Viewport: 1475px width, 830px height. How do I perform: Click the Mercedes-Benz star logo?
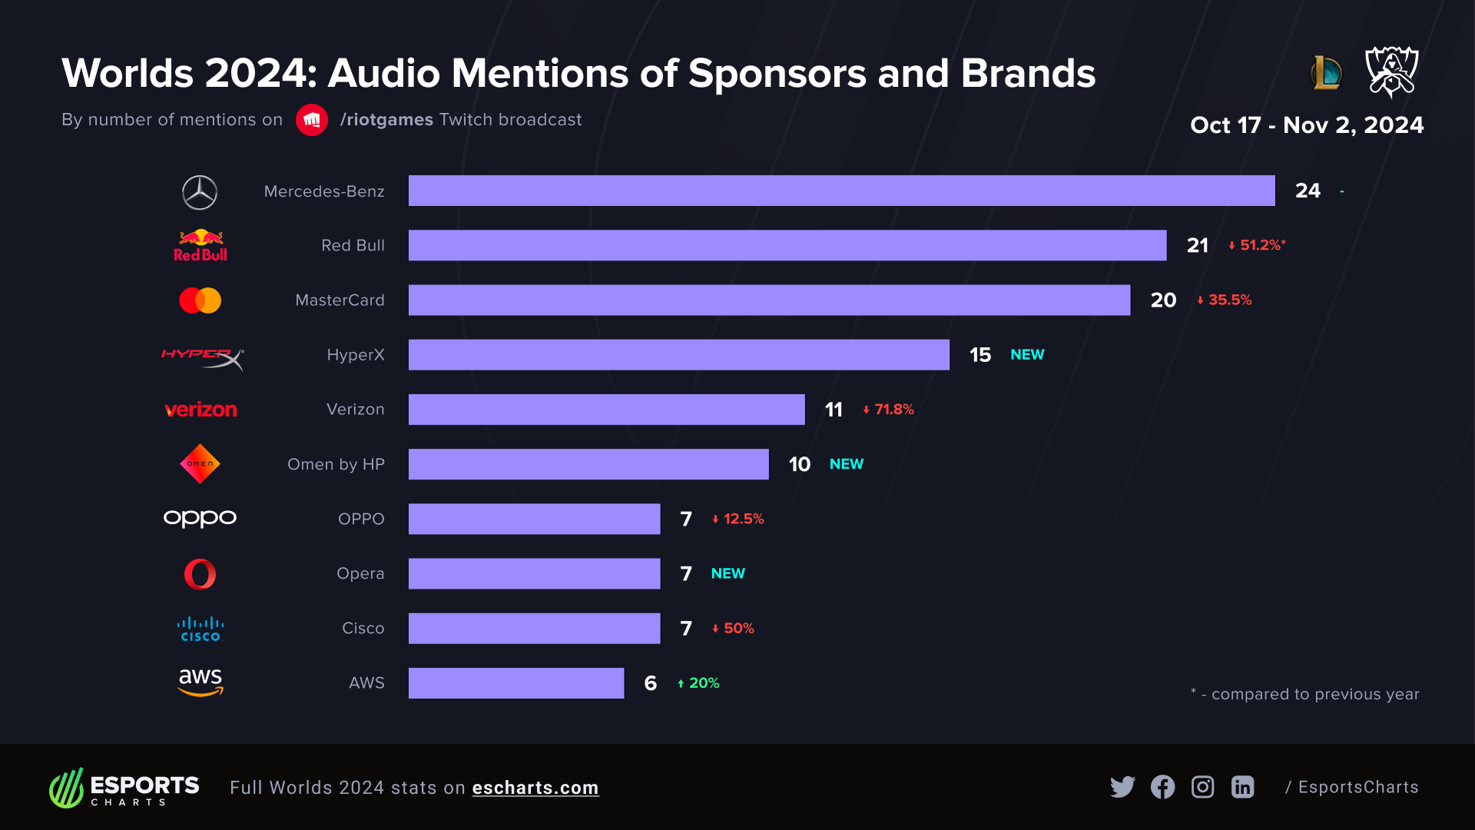coord(200,192)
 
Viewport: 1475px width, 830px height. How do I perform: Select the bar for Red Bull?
coord(787,245)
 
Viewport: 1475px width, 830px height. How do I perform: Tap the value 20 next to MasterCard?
coord(1163,300)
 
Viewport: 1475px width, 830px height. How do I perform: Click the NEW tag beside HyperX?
coord(1027,355)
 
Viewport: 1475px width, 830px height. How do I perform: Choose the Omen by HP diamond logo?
coord(200,464)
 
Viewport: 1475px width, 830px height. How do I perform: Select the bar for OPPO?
coord(534,519)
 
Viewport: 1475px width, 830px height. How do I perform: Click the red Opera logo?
coord(200,574)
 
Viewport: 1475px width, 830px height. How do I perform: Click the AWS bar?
coord(515,683)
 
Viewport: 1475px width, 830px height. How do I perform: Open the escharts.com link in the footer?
coord(535,788)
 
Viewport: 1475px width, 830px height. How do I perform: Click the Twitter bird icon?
coord(1122,787)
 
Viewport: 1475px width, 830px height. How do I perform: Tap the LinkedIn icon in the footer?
coord(1242,787)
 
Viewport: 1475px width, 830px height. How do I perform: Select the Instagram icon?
coord(1202,787)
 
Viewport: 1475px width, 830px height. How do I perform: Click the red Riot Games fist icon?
coord(312,120)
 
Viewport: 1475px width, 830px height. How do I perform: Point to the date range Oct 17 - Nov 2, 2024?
coord(1306,125)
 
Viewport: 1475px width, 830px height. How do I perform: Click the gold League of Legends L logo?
coord(1326,73)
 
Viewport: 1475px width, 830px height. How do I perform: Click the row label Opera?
coord(360,574)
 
